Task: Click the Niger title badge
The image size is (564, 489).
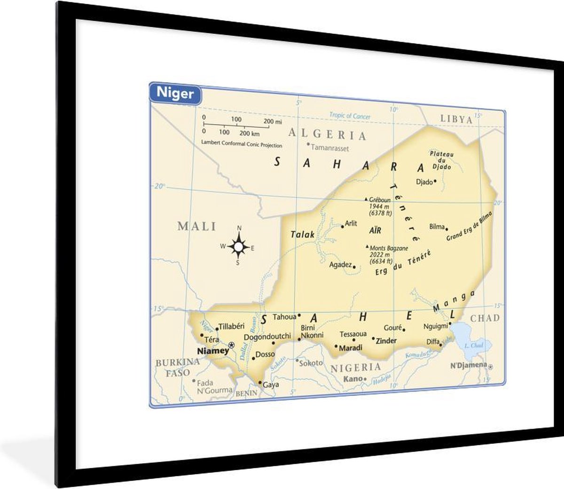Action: pos(175,93)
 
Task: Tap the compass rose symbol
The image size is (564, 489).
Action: pos(239,247)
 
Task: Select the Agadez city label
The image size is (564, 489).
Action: pos(341,264)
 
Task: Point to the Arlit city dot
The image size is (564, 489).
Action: pos(343,226)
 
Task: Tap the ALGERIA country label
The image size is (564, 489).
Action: pos(327,135)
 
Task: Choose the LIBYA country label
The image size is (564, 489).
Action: pos(456,120)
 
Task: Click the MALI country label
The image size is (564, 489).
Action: pos(196,226)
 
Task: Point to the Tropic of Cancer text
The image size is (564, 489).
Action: pos(350,116)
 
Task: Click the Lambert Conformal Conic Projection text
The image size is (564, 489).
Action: pos(242,144)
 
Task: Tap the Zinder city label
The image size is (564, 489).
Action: pos(386,341)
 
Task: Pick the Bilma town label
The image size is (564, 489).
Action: pos(437,226)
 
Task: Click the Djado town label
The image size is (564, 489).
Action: pos(424,182)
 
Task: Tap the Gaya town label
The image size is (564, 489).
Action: pos(271,385)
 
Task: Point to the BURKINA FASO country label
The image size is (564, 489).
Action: pos(178,367)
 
